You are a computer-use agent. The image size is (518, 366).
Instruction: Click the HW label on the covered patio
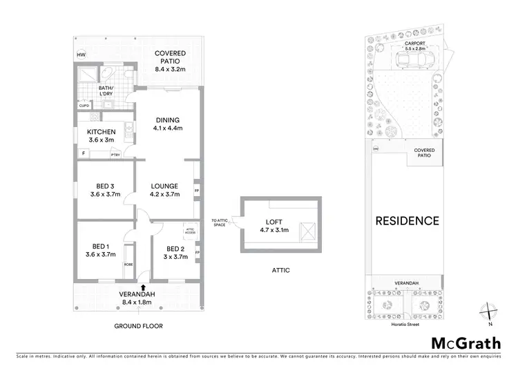[82, 55]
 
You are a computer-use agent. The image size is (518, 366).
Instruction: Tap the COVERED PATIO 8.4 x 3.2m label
[170, 61]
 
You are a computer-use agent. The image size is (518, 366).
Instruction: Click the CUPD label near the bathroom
[84, 106]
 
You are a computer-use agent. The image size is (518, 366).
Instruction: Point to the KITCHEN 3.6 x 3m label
[101, 135]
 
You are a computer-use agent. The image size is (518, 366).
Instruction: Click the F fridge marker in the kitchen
[83, 153]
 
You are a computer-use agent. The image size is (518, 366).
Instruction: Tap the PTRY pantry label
[115, 155]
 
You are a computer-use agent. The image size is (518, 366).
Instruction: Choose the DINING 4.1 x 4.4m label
[166, 123]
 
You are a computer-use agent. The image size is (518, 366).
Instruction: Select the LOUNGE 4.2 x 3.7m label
[164, 190]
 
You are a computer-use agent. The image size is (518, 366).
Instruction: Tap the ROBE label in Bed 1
[128, 264]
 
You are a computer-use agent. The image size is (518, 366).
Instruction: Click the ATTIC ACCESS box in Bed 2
[190, 231]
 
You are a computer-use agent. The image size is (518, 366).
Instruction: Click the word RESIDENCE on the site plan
[407, 221]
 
